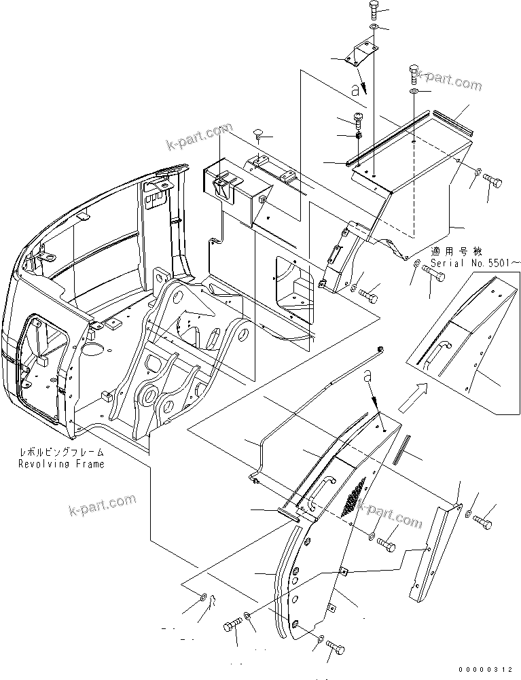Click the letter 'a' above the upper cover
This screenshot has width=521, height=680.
(x=354, y=88)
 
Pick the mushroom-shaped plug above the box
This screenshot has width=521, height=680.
(x=258, y=135)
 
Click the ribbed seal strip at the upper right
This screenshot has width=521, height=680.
(x=444, y=122)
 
